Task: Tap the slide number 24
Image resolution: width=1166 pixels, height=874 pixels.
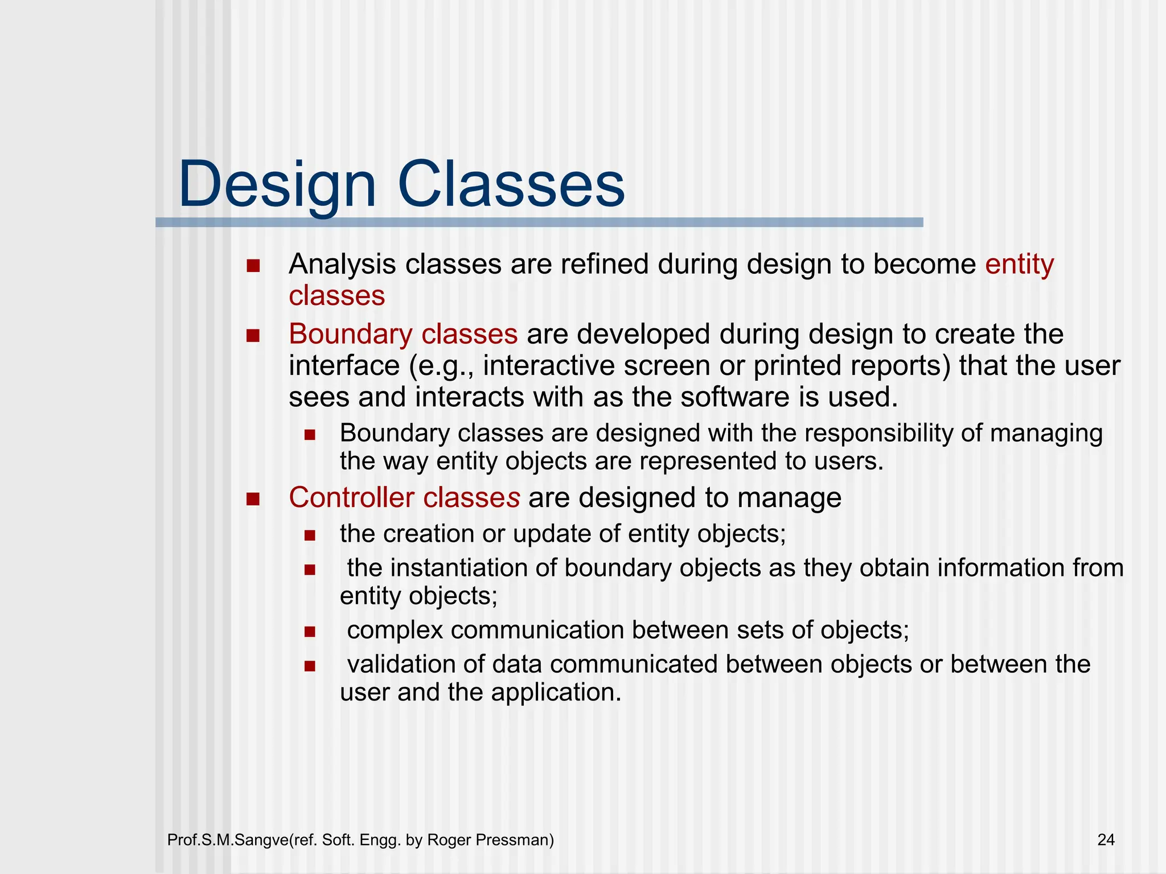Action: tap(1106, 840)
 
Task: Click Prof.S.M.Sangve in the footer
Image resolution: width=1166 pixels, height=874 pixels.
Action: tap(228, 840)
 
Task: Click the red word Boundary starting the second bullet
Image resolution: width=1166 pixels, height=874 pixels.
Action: tap(350, 335)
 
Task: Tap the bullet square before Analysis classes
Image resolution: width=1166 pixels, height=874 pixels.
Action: tap(253, 266)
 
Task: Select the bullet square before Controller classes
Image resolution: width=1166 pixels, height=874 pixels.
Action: tap(253, 499)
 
